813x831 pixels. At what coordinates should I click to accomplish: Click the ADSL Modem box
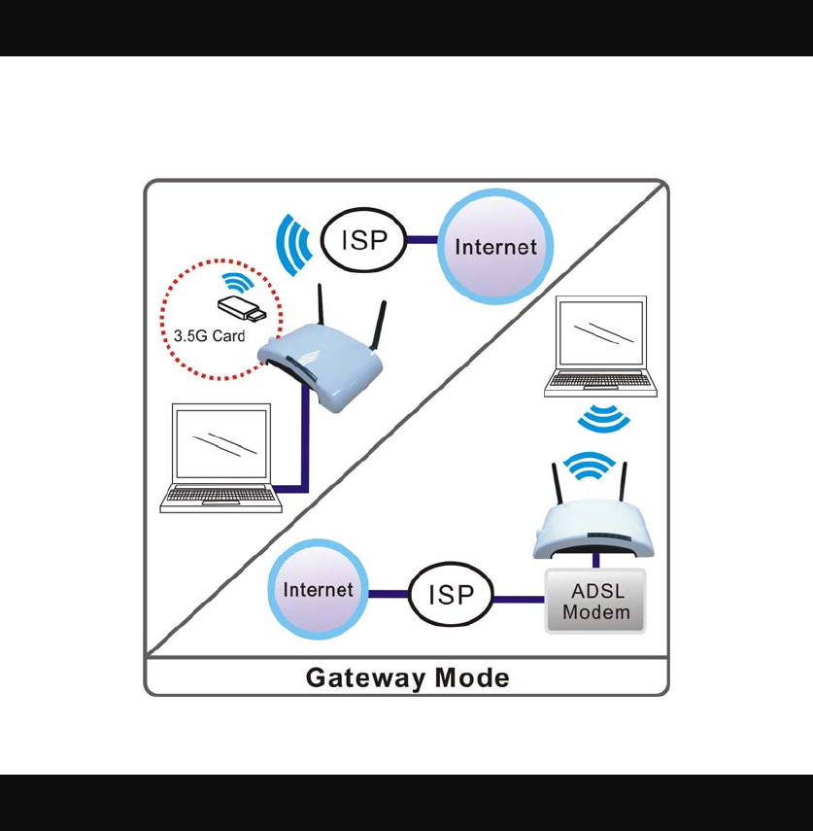595,601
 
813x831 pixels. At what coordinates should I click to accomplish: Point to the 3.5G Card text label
209,336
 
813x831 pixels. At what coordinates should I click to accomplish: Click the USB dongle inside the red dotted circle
242,308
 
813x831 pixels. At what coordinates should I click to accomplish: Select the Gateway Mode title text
407,677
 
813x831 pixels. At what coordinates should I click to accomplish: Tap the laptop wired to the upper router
220,458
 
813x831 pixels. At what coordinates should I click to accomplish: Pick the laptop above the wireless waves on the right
600,346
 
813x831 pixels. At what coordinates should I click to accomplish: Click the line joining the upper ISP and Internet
423,240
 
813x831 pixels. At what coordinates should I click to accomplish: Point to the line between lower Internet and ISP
389,594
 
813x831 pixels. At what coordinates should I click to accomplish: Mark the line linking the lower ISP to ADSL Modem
519,600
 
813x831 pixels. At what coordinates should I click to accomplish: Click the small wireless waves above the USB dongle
238,282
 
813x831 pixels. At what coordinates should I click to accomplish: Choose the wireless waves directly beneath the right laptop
603,418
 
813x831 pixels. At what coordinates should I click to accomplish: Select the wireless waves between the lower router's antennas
589,466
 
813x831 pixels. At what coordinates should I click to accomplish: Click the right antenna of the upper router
379,326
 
